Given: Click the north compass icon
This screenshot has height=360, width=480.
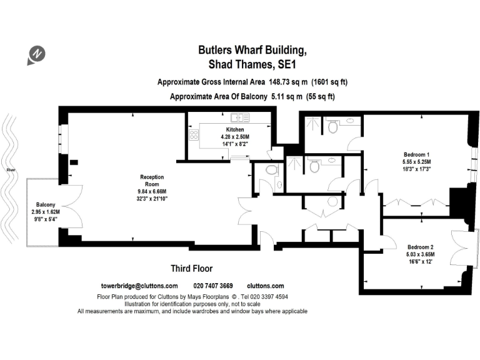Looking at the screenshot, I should click(x=36, y=54).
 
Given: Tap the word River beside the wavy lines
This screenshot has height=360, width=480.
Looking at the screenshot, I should click(x=11, y=169).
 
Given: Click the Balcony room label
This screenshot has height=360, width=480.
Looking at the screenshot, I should click(x=46, y=205).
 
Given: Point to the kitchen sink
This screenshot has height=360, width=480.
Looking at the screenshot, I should click(x=239, y=117).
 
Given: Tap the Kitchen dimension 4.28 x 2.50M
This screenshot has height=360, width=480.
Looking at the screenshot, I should click(x=231, y=136).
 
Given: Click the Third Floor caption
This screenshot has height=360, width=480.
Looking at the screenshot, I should click(x=192, y=269).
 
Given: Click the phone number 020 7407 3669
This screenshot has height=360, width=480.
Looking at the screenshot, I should click(x=213, y=286).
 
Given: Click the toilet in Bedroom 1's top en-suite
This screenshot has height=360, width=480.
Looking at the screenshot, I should click(x=332, y=127).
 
